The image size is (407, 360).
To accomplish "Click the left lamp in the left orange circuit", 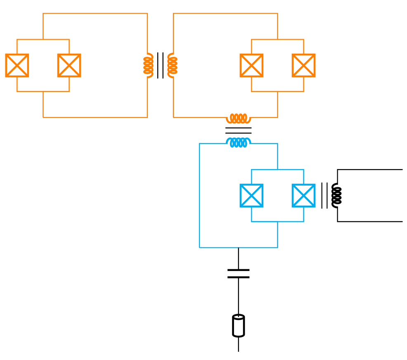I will click(17, 66).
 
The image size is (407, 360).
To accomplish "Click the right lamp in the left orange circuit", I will click(69, 66).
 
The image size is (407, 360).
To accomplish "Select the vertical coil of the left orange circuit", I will click(148, 65).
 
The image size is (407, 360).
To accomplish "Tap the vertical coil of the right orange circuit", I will click(173, 65).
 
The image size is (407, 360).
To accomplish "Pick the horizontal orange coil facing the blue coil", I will click(239, 118).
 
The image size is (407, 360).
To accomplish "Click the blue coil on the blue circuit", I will click(239, 142).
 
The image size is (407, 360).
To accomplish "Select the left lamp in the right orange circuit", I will click(251, 66).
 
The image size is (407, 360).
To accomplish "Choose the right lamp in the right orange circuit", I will click(303, 66).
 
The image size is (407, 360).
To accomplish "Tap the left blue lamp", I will click(251, 195).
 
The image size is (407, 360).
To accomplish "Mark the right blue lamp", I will click(303, 195).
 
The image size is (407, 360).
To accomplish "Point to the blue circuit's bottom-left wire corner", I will click(200, 247).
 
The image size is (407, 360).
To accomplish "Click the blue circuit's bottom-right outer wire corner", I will click(277, 247).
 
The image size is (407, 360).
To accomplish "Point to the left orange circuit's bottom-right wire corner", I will click(147, 118).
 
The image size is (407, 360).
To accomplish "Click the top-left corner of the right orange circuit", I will click(173, 14).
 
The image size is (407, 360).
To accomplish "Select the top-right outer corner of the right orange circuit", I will click(277, 14).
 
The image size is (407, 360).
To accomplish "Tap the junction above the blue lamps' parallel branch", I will click(277, 169).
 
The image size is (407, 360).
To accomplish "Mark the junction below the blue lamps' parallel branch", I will click(277, 221).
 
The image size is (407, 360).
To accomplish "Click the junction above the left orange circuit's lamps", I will click(43, 40).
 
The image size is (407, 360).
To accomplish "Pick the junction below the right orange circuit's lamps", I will click(277, 91).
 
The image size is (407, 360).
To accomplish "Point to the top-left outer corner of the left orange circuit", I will click(43, 14).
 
